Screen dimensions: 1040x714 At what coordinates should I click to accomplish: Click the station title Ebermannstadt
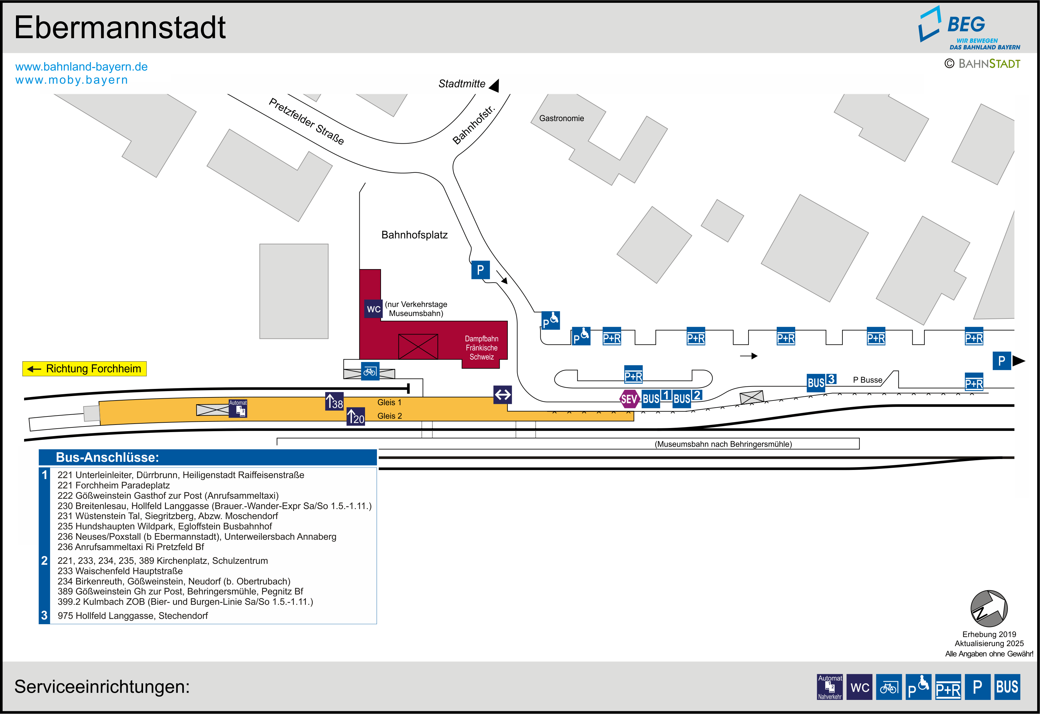coord(120,28)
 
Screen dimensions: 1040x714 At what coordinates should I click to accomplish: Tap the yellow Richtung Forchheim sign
coord(85,369)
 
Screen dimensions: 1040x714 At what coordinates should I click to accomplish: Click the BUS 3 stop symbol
coord(821,382)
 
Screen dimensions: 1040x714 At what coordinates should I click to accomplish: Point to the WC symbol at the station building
coord(374,309)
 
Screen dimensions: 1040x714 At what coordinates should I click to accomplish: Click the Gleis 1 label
coord(389,402)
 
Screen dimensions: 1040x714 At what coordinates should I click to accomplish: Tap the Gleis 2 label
coord(389,416)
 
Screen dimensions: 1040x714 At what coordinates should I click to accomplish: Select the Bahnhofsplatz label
coord(414,235)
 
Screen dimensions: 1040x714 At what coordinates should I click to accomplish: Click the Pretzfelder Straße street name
coord(306,121)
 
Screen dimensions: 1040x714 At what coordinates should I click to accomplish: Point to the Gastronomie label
coord(561,118)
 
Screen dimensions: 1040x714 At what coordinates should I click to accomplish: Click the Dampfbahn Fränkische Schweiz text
coord(481,348)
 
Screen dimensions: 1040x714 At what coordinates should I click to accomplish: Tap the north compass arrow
coord(989,609)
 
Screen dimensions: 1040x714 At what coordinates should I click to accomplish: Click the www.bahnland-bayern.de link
coord(81,67)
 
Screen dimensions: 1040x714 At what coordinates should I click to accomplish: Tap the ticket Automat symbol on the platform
coord(238,408)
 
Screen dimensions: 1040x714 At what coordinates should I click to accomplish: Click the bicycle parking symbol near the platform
coord(370,371)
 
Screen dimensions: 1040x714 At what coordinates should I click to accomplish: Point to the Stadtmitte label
coord(462,84)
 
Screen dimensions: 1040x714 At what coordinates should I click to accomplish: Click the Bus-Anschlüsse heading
coord(107,457)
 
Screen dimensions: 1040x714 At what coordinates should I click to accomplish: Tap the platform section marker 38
coord(334,401)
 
